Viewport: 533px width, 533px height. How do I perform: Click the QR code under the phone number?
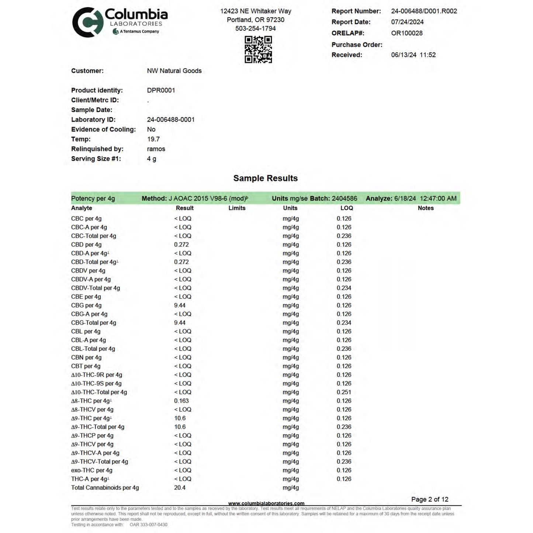pyautogui.click(x=258, y=49)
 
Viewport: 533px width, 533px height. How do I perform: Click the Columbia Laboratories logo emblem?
pyautogui.click(x=87, y=23)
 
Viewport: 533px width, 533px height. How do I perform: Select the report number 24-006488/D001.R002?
pyautogui.click(x=424, y=11)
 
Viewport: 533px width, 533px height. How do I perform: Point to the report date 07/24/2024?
pyautogui.click(x=407, y=22)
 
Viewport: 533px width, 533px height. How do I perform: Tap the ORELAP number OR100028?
pyautogui.click(x=406, y=33)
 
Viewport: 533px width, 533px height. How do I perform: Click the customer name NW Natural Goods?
pyautogui.click(x=174, y=71)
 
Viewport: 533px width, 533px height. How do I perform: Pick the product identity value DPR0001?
pyautogui.click(x=161, y=90)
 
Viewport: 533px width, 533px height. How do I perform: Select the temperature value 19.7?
pyautogui.click(x=153, y=139)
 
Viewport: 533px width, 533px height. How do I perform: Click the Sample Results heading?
pyautogui.click(x=265, y=178)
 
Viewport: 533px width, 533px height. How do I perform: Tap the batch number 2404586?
pyautogui.click(x=344, y=198)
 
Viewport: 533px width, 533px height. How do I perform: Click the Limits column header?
pyautogui.click(x=237, y=208)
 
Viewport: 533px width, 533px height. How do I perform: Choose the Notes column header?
pyautogui.click(x=425, y=208)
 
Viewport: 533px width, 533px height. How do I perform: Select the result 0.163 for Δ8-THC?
pyautogui.click(x=181, y=401)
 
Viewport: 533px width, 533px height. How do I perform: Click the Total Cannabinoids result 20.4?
pyautogui.click(x=180, y=488)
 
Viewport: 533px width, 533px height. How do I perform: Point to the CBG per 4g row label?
pyautogui.click(x=86, y=305)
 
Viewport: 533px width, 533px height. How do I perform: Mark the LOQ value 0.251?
pyautogui.click(x=344, y=392)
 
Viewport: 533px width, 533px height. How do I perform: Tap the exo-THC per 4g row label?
pyautogui.click(x=91, y=470)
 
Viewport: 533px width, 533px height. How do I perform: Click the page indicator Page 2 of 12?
pyautogui.click(x=430, y=499)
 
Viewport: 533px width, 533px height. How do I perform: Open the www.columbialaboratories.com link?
pyautogui.click(x=266, y=503)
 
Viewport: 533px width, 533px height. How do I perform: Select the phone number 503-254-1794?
pyautogui.click(x=255, y=28)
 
